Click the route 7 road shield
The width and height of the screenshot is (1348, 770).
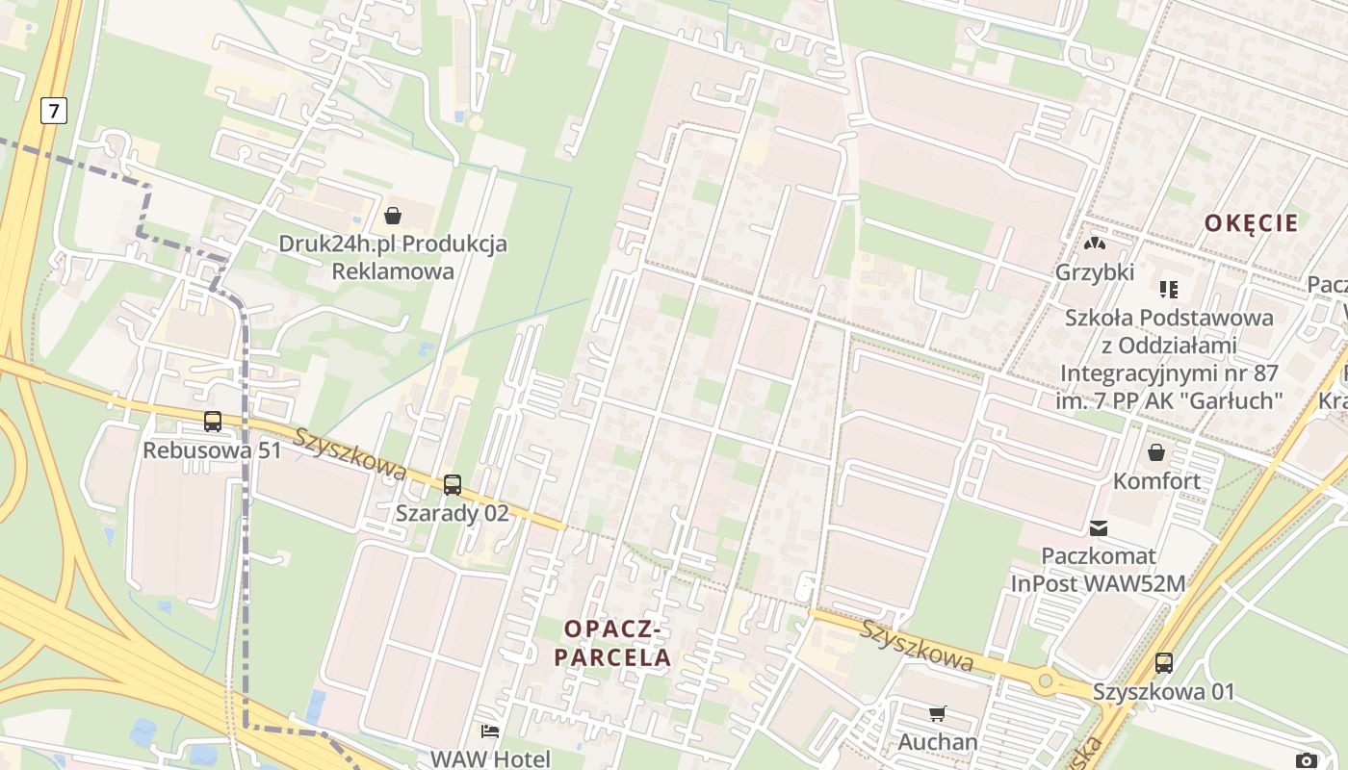coord(53,111)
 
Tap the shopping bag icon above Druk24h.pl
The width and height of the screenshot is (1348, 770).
coord(392,215)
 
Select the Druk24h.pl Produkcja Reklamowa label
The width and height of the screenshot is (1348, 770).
coord(393,257)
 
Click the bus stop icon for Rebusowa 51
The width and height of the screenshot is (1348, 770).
coord(212,421)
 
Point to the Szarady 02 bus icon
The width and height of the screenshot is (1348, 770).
coord(452,485)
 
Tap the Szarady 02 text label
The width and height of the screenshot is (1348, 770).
coord(452,513)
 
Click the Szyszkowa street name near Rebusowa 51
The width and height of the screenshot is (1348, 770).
coord(350,453)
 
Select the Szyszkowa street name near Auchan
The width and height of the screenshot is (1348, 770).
coord(917,645)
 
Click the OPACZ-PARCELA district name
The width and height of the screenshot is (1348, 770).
coord(617,643)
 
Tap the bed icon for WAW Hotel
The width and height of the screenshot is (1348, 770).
coord(490,731)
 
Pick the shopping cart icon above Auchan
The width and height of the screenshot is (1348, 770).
coord(937,713)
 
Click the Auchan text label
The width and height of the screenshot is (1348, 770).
coord(938,742)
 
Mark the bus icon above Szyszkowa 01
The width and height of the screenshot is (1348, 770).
coord(1163,662)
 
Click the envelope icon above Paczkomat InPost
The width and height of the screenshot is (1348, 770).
coord(1099,527)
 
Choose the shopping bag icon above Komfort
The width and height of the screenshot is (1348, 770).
coord(1155,451)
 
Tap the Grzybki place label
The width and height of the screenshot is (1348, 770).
coord(1095,272)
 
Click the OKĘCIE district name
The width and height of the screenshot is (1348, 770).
coord(1251,223)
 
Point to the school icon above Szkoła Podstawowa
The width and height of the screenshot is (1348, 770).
coord(1169,289)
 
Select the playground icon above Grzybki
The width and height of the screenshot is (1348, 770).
coord(1095,244)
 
